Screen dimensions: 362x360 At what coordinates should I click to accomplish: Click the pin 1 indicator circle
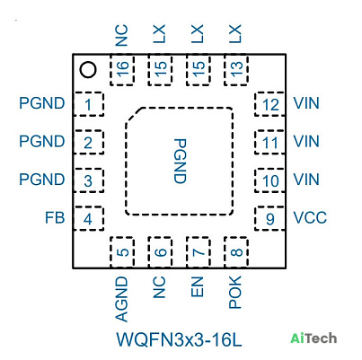point(88,70)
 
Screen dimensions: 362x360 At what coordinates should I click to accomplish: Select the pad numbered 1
point(89,104)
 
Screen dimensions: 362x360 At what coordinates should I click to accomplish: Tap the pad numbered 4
point(89,218)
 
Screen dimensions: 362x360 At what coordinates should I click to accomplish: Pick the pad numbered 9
point(269,218)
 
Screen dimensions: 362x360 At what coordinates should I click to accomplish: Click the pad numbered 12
point(269,104)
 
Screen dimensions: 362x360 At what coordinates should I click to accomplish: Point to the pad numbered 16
point(122,70)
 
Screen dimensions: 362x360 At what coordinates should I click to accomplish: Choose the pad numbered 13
point(236,70)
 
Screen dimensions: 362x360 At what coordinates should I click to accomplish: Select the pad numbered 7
point(198,252)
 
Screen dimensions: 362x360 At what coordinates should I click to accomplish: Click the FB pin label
point(55,218)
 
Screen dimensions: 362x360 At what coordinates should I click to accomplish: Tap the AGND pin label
point(122,299)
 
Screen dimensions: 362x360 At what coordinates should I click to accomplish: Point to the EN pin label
point(198,287)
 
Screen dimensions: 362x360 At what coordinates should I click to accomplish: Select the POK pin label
point(235,293)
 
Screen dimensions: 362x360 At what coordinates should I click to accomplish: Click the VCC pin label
point(310,218)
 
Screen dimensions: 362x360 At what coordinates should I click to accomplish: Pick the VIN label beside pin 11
point(306,141)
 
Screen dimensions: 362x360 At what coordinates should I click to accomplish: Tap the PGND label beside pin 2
point(42,141)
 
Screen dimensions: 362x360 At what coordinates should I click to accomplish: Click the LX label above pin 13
point(235,33)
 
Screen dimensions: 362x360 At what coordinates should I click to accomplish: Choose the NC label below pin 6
point(159,287)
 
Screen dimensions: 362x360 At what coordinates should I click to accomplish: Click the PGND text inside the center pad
point(180,161)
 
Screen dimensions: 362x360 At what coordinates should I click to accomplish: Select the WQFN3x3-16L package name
point(179,339)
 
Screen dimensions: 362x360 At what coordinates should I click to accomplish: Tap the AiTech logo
point(313,338)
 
